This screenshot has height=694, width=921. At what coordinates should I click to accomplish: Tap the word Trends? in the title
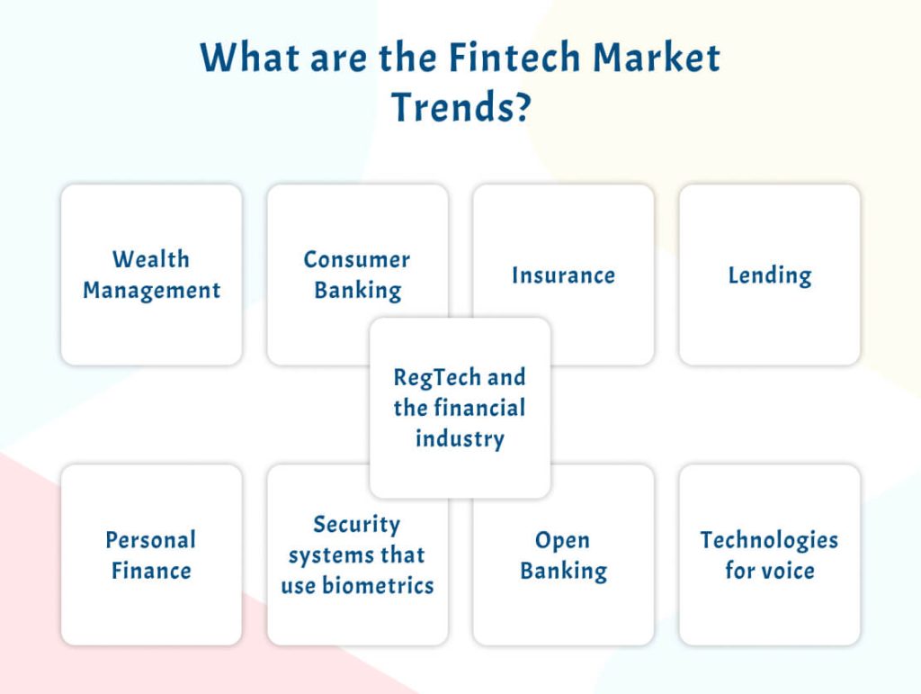460,107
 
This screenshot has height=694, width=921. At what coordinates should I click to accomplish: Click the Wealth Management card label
151,275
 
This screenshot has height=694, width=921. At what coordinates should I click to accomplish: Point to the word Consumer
356,259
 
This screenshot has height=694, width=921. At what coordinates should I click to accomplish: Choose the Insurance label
563,275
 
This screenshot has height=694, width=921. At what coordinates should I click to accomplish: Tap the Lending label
769,275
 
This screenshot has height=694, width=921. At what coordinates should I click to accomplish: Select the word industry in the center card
460,438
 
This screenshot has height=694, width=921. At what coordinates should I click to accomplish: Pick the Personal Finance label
151,554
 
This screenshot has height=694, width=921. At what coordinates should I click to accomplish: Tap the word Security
357,524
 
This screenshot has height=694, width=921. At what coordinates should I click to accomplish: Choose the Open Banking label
563,554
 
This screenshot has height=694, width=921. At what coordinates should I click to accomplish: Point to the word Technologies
769,540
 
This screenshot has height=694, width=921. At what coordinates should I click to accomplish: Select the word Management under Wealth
151,291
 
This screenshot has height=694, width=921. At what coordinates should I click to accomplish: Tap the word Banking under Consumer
357,291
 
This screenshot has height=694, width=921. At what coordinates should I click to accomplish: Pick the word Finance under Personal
151,571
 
